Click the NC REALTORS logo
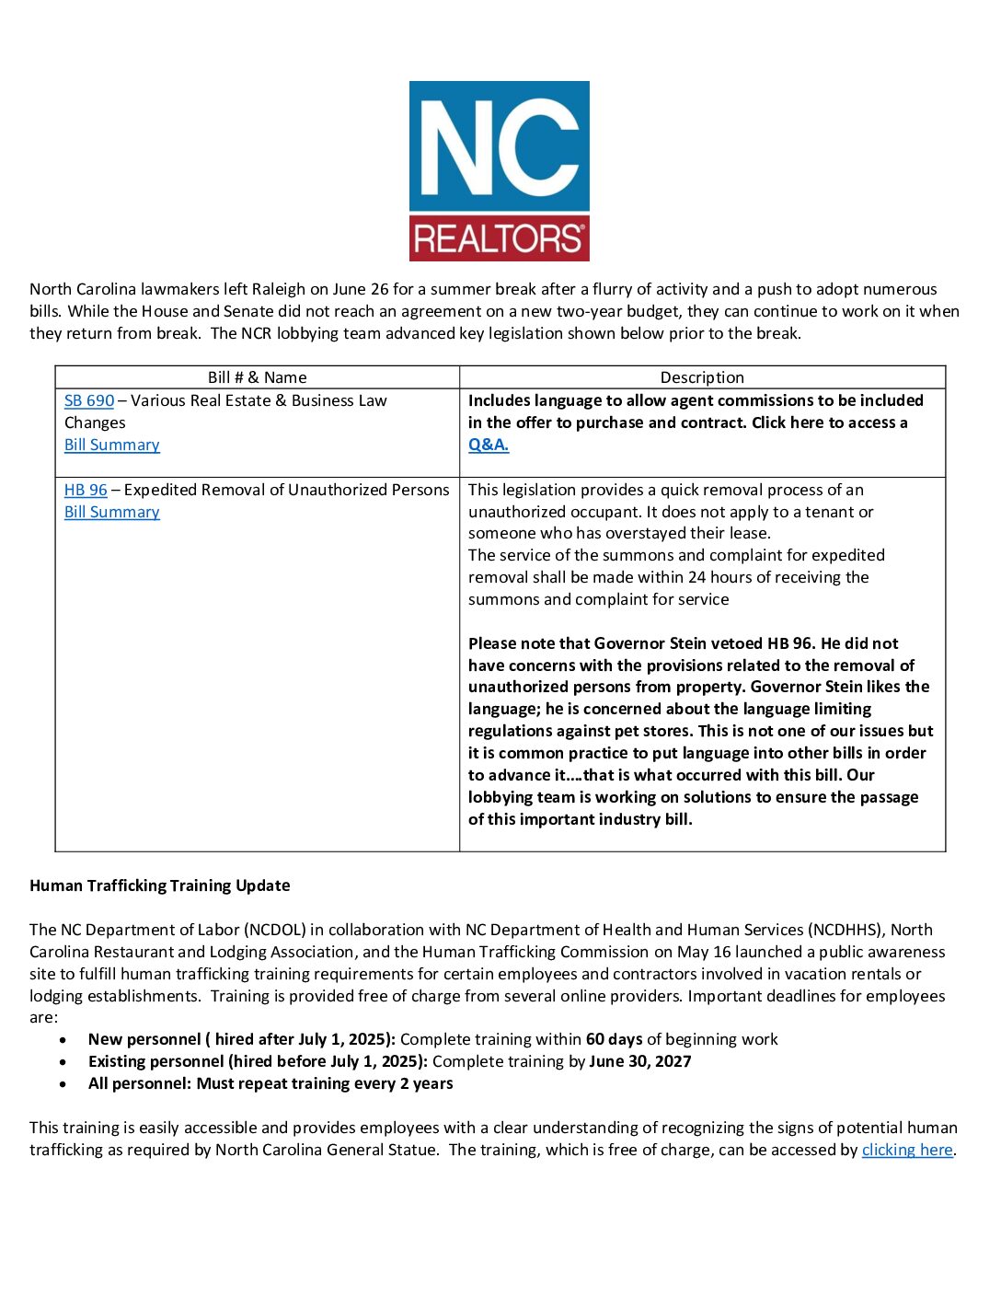(499, 170)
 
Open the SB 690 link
(89, 400)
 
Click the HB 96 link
(86, 490)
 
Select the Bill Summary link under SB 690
(111, 445)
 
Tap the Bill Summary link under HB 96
(111, 512)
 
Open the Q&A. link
(489, 445)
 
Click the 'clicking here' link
(907, 1150)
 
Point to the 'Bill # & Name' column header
(257, 377)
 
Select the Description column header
(702, 377)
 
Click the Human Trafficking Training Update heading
(160, 885)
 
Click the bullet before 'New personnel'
(63, 1040)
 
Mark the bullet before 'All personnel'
(63, 1084)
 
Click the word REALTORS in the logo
(499, 239)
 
